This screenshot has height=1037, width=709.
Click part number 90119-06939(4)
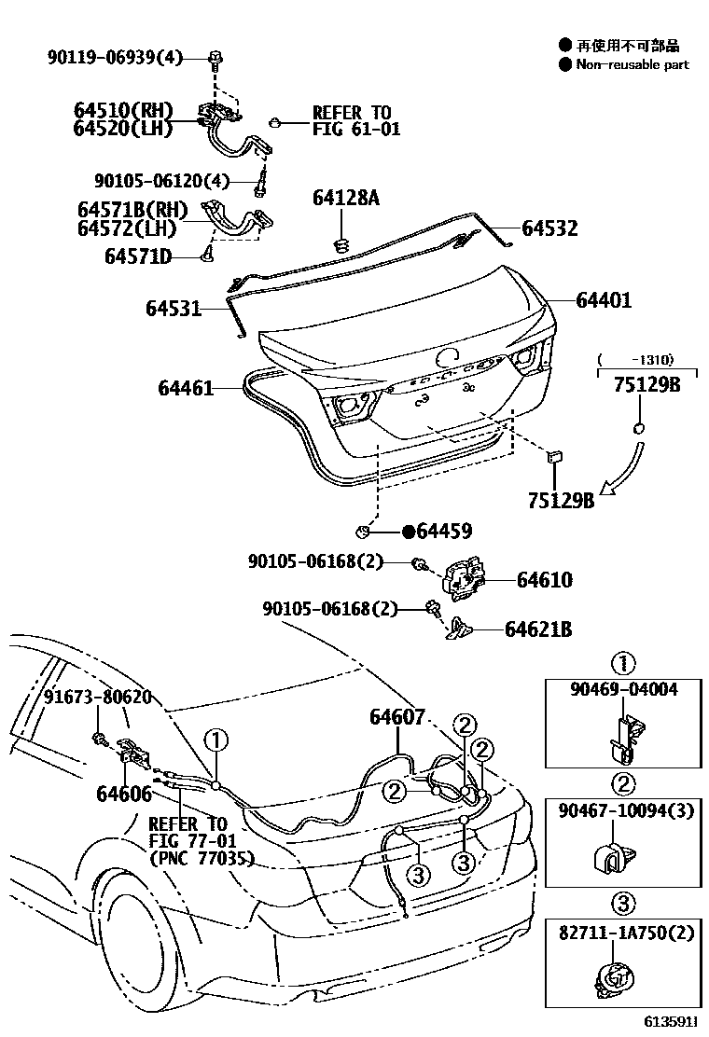116,58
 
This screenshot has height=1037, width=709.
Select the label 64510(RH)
123,111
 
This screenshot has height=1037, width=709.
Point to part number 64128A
347,198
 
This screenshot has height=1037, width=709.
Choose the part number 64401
604,300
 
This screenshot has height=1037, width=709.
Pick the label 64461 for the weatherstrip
178,387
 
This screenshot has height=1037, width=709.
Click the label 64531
173,307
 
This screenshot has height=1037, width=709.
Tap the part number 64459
443,532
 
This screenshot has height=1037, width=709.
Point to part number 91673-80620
98,698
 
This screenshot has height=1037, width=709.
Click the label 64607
397,717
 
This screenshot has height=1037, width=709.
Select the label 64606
123,794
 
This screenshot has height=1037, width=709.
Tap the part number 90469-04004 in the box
622,690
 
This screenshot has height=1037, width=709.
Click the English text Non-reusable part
632,64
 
